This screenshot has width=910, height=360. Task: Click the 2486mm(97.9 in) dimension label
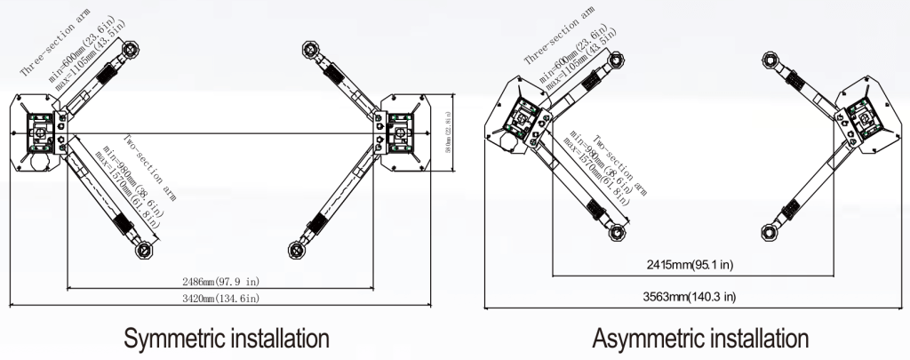click(x=220, y=281)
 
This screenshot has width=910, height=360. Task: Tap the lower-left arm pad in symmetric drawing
click(x=142, y=252)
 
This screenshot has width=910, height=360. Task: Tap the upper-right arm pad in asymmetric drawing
click(x=770, y=56)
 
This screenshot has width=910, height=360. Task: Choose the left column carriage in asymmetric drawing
click(x=519, y=116)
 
